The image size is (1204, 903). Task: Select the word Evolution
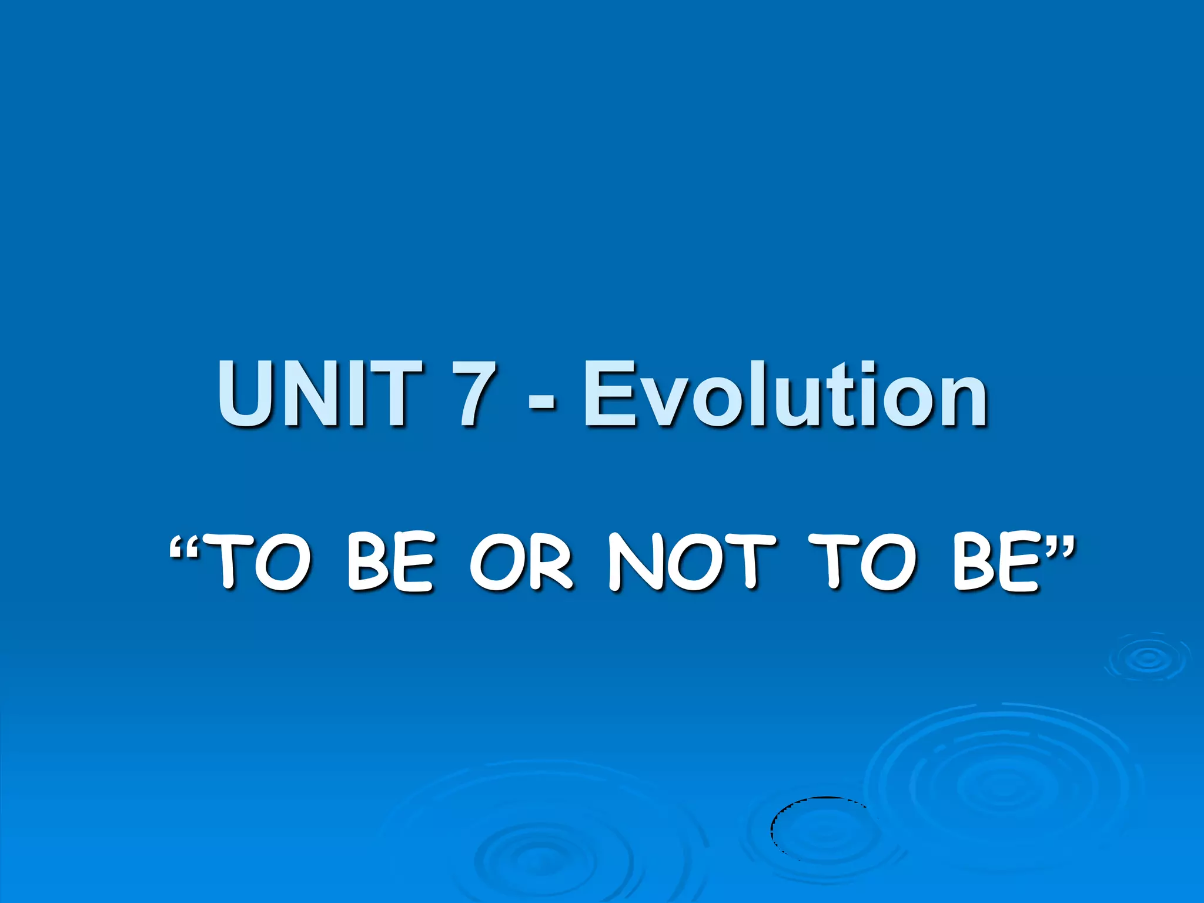coord(785,394)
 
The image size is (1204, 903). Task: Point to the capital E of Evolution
coord(609,394)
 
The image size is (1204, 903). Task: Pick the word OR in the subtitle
coord(521,561)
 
